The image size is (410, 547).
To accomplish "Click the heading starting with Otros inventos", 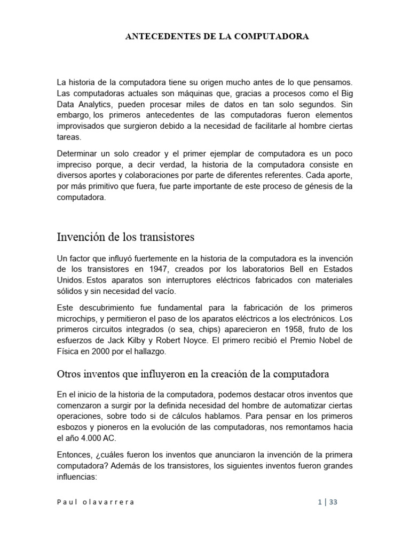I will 192,374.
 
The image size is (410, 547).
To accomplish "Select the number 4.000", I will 85,439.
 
